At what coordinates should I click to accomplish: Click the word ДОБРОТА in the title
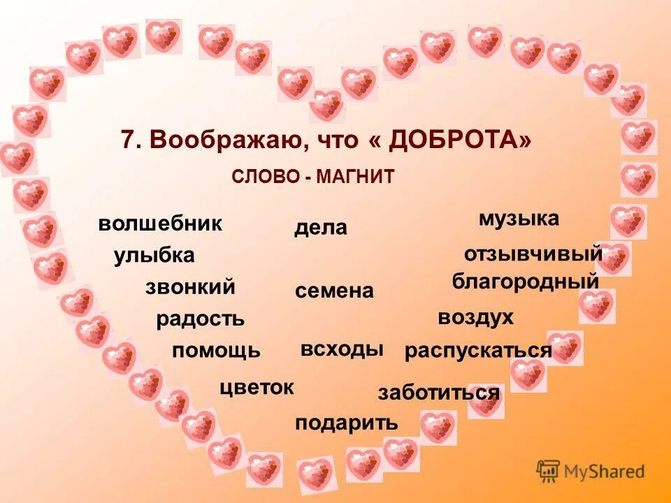pyautogui.click(x=455, y=140)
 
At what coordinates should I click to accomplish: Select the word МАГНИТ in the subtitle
pyautogui.click(x=355, y=177)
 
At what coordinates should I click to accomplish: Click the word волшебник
pyautogui.click(x=160, y=224)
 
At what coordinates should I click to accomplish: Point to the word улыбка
pyautogui.click(x=154, y=256)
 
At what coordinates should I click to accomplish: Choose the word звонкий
pyautogui.click(x=190, y=287)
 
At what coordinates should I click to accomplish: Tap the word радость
pyautogui.click(x=201, y=320)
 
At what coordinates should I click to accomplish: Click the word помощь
pyautogui.click(x=216, y=351)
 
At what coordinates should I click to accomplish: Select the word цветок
pyautogui.click(x=257, y=387)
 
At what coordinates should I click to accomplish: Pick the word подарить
pyautogui.click(x=347, y=423)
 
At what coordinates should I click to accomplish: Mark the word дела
pyautogui.click(x=321, y=228)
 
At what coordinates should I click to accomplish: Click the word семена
pyautogui.click(x=335, y=291)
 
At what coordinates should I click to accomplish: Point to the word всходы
pyautogui.click(x=342, y=349)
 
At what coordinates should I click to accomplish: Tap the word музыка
pyautogui.click(x=519, y=219)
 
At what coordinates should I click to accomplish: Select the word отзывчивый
pyautogui.click(x=533, y=253)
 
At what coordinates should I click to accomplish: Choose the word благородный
pyautogui.click(x=526, y=282)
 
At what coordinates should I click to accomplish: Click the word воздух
pyautogui.click(x=475, y=318)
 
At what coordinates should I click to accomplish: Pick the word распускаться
pyautogui.click(x=478, y=351)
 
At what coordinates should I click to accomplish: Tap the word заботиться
pyautogui.click(x=439, y=393)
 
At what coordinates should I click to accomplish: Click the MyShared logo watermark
pyautogui.click(x=591, y=471)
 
